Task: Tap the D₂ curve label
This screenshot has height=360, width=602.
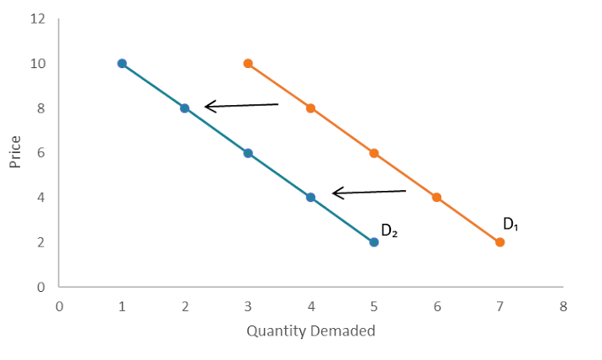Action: tap(388, 230)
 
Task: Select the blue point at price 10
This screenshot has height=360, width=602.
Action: tap(122, 63)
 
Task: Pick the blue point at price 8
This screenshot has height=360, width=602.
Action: tap(185, 108)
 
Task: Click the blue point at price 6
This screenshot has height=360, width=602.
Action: tap(248, 152)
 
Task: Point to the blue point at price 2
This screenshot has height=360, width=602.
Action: tap(374, 242)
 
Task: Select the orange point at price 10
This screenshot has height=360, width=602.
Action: tap(248, 63)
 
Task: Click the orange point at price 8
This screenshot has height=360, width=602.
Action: tap(311, 108)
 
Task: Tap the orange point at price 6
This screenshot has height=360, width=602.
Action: tap(374, 152)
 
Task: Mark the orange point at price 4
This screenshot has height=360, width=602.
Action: tap(437, 197)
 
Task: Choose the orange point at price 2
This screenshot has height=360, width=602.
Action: tap(500, 242)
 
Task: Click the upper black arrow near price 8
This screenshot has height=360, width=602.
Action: tap(241, 106)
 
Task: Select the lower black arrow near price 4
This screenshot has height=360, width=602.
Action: tap(369, 193)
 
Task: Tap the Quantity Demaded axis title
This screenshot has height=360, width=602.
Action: tap(311, 331)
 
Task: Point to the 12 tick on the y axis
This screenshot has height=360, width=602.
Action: tap(39, 19)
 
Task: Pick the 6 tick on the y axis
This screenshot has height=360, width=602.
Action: tap(41, 152)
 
